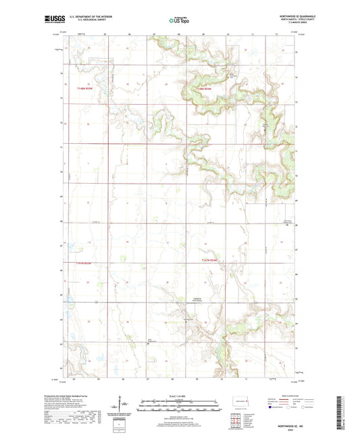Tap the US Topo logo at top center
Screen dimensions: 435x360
(179, 21)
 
